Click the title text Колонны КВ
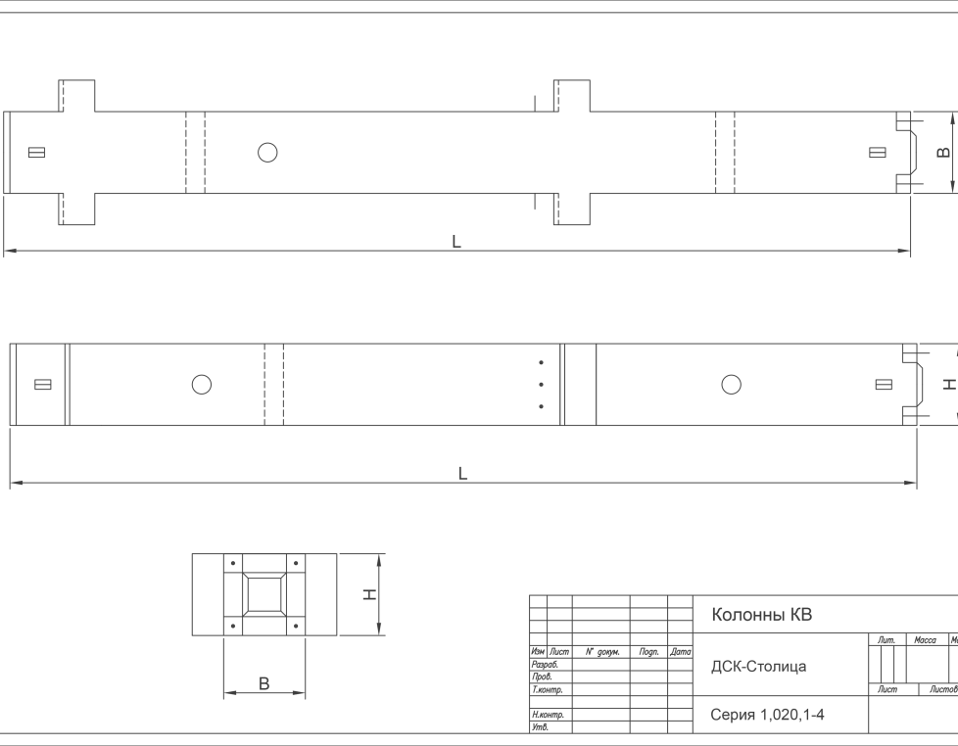click(x=761, y=614)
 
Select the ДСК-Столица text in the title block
click(x=758, y=666)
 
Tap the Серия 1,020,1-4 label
click(x=767, y=715)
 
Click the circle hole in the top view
click(x=267, y=152)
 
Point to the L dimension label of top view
click(x=456, y=242)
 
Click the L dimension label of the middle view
click(x=462, y=473)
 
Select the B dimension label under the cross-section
click(x=263, y=683)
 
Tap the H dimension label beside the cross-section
click(x=369, y=594)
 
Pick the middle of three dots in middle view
click(x=542, y=385)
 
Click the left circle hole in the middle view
click(x=202, y=385)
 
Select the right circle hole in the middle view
click(x=732, y=385)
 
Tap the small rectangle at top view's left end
click(x=36, y=152)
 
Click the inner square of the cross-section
click(x=263, y=594)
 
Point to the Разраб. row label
click(x=545, y=664)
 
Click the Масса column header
click(x=925, y=639)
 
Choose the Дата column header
click(x=680, y=652)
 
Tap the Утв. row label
click(x=540, y=727)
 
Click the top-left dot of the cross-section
click(x=233, y=563)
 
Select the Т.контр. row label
click(x=547, y=690)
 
